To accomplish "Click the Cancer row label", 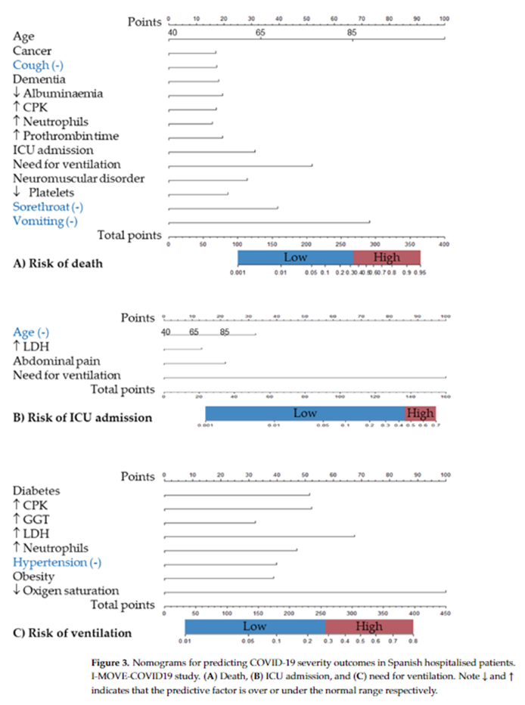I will (32, 51).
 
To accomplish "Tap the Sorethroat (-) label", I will (48, 206).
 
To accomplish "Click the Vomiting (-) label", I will (45, 221).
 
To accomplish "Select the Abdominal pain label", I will (56, 361).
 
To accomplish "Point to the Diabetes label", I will (36, 490).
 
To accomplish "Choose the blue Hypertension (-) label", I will (57, 562).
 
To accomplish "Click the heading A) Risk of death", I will (57, 264).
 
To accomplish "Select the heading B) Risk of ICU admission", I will (82, 417).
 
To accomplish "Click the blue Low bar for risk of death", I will (295, 258).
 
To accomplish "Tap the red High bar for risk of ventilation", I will (369, 626).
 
